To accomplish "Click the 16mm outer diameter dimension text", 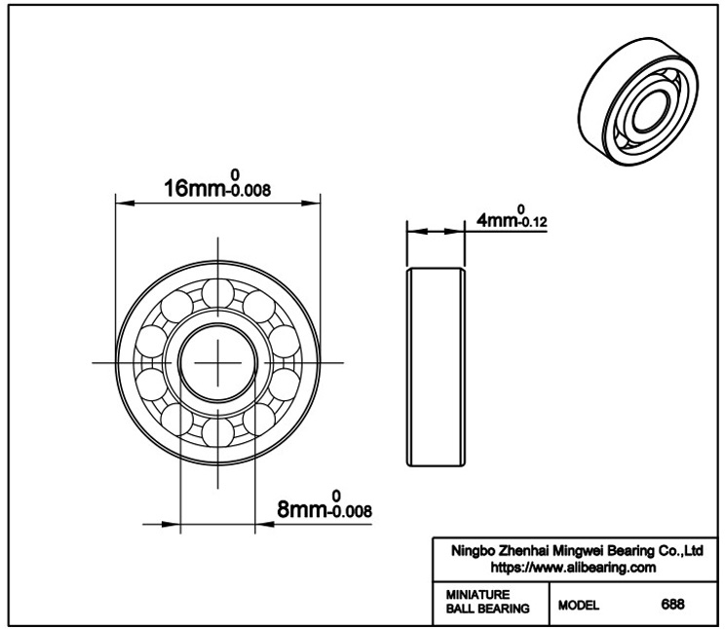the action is (x=195, y=189).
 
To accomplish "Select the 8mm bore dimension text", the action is (x=302, y=509).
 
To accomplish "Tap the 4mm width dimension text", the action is (x=497, y=220).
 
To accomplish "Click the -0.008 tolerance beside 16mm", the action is (x=248, y=190).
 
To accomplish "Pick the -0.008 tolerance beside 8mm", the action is (x=349, y=511).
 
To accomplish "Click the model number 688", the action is (x=672, y=604).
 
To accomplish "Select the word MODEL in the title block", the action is (x=578, y=605).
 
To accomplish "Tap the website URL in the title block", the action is (x=573, y=567).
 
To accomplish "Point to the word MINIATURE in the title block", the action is (x=478, y=594).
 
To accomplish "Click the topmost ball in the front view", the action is (x=217, y=293).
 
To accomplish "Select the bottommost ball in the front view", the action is (x=217, y=432).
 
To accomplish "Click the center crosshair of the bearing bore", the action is (x=217, y=362).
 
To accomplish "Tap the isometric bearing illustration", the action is (x=638, y=101).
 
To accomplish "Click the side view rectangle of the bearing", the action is (x=436, y=366).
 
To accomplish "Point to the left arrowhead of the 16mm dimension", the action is (x=125, y=203).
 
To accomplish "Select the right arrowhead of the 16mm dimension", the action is (x=311, y=203).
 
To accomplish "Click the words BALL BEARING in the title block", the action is (x=487, y=609).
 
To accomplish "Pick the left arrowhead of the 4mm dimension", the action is (x=417, y=231).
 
